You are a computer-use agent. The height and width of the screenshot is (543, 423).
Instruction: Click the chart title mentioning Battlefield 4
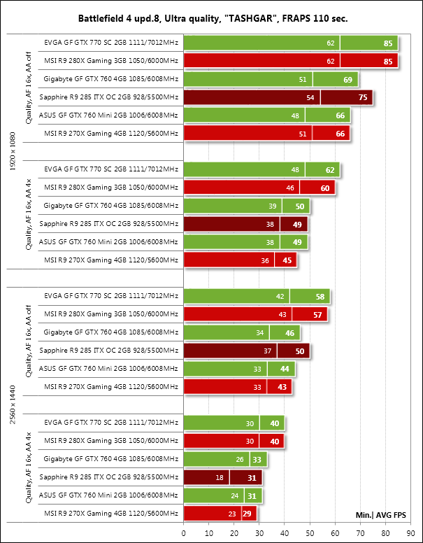point(211,17)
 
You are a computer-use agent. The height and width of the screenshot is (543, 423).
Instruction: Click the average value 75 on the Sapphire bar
point(363,97)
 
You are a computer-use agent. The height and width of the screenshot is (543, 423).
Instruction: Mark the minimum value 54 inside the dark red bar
point(310,97)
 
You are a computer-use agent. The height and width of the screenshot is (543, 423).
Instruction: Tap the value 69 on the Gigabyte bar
point(347,79)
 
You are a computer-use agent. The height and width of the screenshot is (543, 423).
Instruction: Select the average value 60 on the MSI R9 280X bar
point(325,188)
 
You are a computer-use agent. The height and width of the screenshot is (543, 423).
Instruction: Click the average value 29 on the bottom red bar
point(247,514)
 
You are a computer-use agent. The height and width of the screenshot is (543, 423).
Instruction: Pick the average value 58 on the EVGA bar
point(320,296)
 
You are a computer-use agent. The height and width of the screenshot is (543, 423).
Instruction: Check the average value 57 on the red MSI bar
point(317,314)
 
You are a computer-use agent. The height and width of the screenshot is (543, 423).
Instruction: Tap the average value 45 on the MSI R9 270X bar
point(287,260)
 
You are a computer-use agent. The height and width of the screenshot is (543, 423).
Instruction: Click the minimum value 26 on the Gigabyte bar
point(241,459)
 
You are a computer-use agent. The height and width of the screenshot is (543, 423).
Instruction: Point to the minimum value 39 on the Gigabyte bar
point(273,206)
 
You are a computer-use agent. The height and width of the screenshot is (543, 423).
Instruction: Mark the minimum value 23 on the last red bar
point(233,514)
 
